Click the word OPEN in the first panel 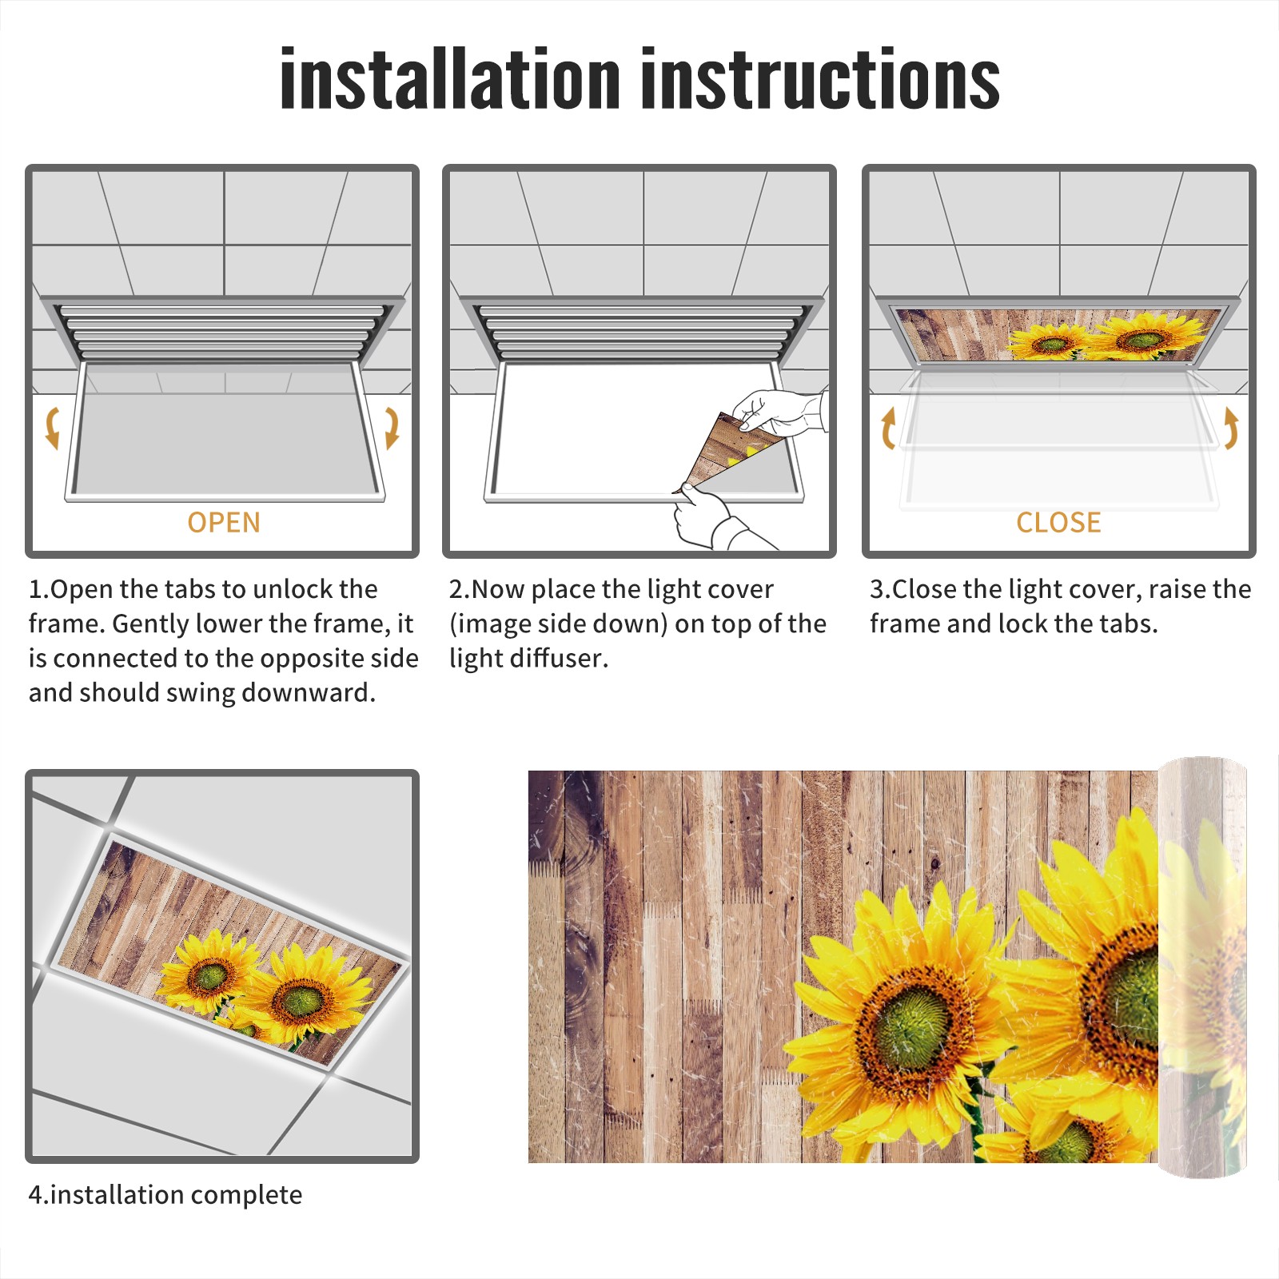224,523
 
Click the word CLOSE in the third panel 1058,523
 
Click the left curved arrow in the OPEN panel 52,428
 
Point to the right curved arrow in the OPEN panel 392,428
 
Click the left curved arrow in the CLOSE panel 887,428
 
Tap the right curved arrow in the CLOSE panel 1231,428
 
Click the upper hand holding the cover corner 779,412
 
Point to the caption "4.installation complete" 165,1195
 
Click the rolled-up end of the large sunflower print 1202,967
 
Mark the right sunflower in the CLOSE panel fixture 1145,338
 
